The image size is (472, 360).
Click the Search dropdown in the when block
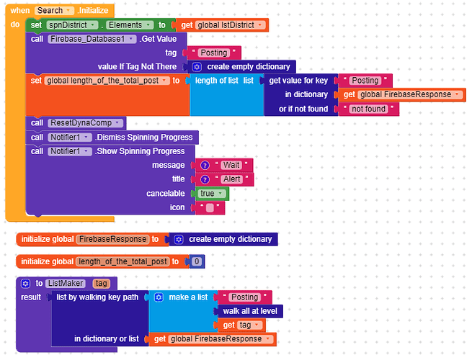point(54,11)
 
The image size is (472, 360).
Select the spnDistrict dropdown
point(72,25)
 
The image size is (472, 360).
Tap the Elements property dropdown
point(130,25)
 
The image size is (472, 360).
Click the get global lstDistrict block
point(222,25)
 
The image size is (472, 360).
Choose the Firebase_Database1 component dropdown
point(92,39)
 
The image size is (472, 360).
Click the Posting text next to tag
point(214,53)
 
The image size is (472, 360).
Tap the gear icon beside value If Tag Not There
point(197,67)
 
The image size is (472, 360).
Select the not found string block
point(368,109)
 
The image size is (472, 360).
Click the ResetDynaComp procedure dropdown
point(85,123)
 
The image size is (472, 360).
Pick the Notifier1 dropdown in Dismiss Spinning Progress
point(69,138)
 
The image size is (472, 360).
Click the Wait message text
point(231,165)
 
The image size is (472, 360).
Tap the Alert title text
point(232,179)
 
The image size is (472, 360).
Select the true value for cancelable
point(212,194)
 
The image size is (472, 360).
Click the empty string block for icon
point(210,208)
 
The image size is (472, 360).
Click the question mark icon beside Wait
point(205,166)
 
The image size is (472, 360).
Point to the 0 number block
point(197,261)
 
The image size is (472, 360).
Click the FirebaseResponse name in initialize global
point(112,239)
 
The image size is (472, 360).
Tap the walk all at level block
point(250,311)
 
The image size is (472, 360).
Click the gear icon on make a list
point(159,297)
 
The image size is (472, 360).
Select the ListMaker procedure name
point(66,283)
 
